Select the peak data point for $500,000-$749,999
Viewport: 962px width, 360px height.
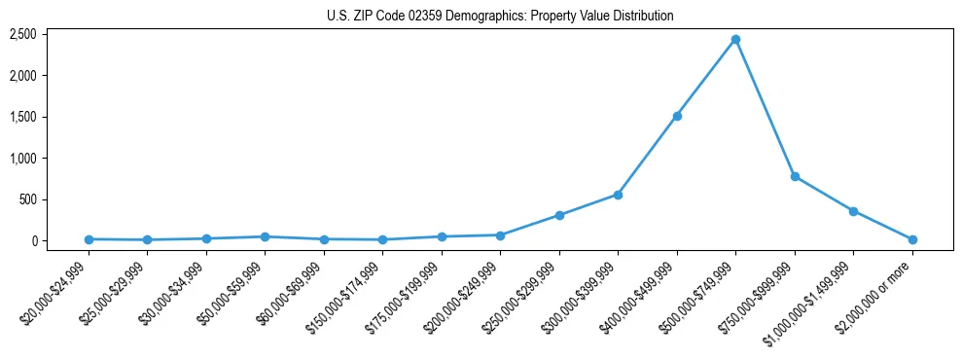(x=735, y=40)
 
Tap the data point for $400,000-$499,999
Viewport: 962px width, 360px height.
(x=677, y=116)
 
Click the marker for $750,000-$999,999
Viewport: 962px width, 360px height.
(x=795, y=177)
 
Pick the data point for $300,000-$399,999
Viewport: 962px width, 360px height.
(x=618, y=195)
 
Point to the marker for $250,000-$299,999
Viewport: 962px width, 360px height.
(x=559, y=215)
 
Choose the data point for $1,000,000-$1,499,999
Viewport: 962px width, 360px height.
(x=853, y=211)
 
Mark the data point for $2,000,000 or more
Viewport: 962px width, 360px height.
(x=912, y=239)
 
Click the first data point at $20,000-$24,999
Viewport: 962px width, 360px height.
(x=89, y=239)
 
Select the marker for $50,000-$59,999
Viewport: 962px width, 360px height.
(x=265, y=236)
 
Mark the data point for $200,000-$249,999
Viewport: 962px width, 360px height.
(x=500, y=235)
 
